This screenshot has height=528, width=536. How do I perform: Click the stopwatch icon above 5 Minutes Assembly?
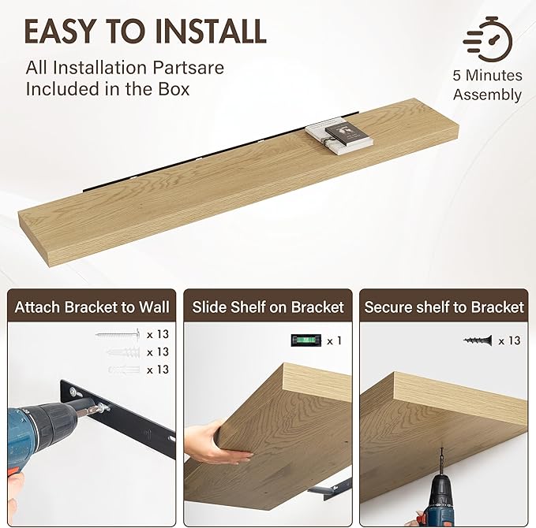(488, 39)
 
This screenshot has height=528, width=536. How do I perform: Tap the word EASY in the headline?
(59, 31)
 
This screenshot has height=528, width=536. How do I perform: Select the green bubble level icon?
(306, 340)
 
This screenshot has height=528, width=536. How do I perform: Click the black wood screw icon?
(478, 340)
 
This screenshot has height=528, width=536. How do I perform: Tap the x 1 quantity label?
(334, 340)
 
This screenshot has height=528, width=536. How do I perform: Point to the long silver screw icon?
(118, 334)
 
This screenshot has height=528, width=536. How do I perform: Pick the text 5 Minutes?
(488, 75)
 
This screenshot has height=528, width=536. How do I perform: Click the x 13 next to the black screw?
(509, 340)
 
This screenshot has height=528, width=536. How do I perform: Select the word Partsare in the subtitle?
(189, 68)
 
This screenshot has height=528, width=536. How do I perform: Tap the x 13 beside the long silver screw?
(158, 334)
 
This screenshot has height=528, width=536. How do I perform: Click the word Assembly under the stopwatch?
(488, 95)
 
